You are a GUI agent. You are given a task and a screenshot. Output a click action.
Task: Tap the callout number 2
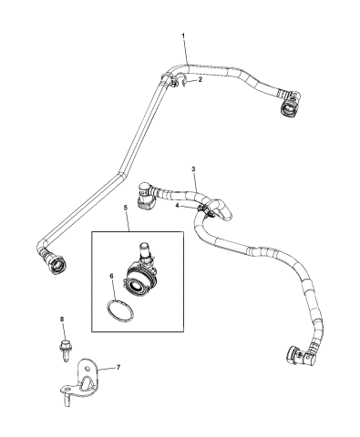pos(201,80)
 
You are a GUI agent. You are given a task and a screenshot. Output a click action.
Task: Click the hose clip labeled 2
pos(174,85)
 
